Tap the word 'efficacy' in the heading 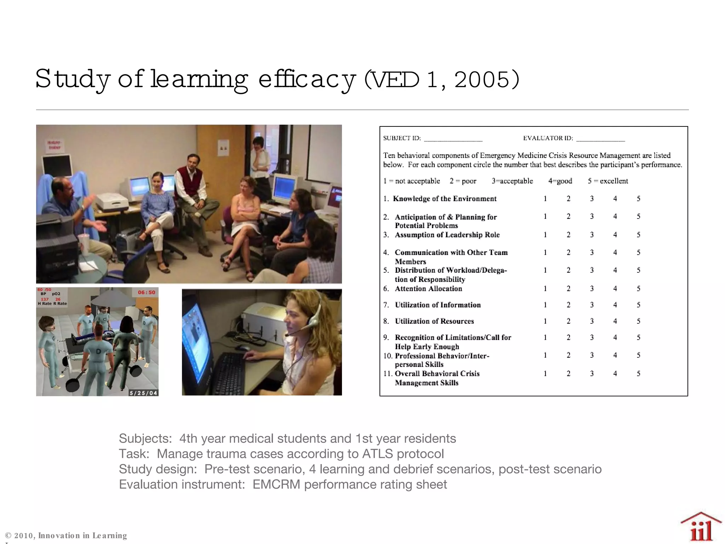307,80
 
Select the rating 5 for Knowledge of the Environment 638,199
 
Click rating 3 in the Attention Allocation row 592,289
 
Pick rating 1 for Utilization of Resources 545,321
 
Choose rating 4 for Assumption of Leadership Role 615,235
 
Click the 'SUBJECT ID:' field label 402,138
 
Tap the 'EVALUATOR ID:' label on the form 548,138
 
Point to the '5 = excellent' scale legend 608,181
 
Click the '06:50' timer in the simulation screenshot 147,293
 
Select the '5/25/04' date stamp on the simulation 143,393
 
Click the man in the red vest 191,184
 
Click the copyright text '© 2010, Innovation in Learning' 66,535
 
